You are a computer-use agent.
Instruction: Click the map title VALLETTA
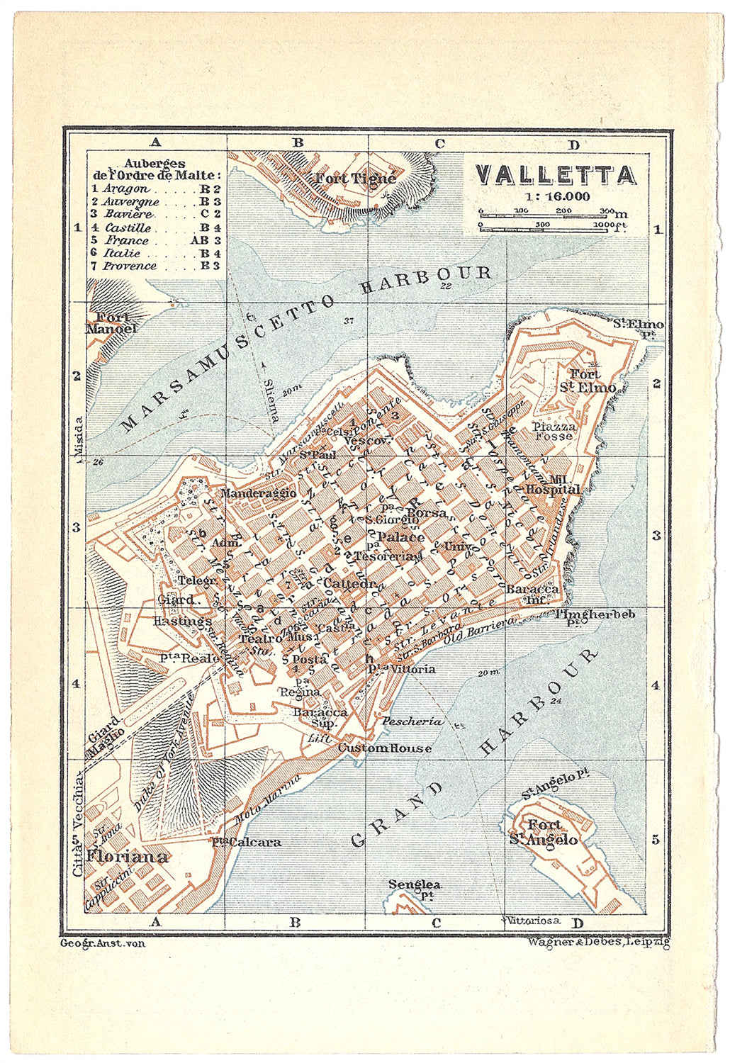555,175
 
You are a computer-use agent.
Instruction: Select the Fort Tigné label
355,179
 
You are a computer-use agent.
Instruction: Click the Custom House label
384,748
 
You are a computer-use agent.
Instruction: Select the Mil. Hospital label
554,484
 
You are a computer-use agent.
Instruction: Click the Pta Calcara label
246,842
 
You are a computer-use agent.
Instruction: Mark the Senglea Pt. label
415,889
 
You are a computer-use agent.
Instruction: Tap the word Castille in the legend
128,227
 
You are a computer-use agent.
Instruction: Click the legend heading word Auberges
155,163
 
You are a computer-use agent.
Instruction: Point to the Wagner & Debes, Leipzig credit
598,943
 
